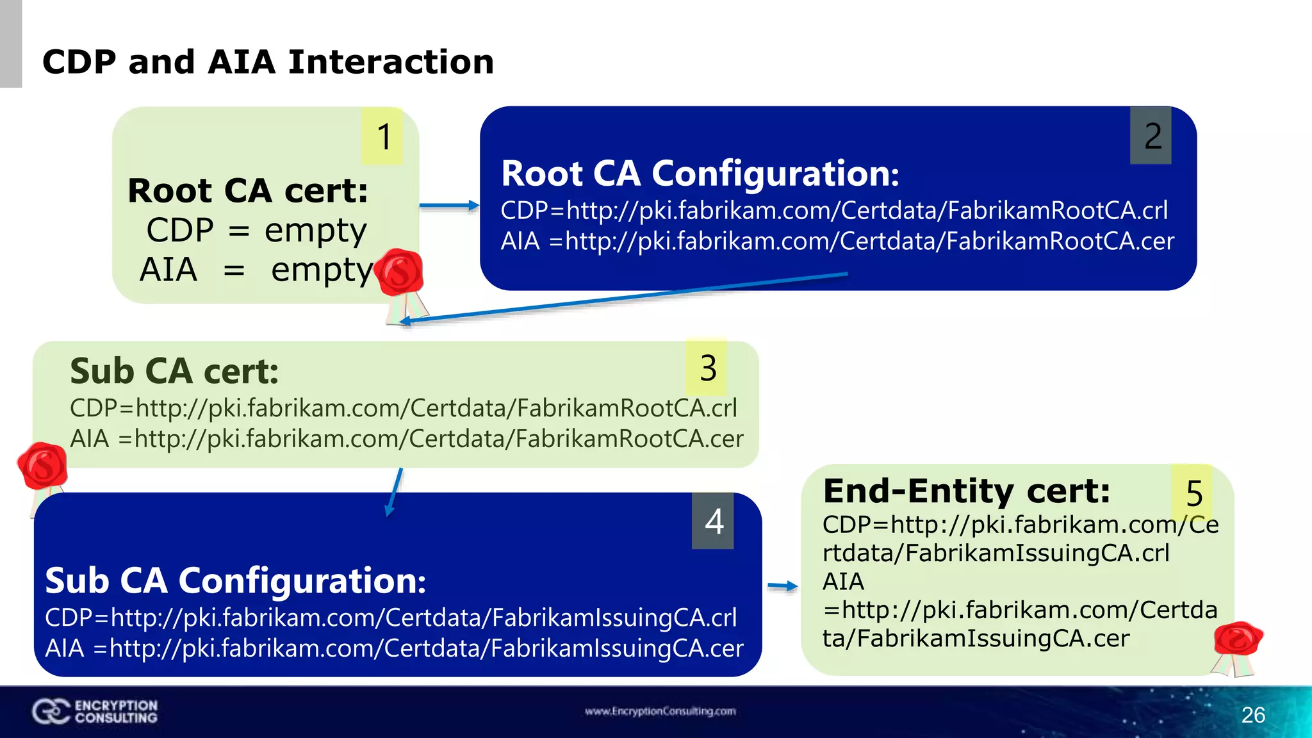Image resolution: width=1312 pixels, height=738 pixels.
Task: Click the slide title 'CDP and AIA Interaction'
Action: (x=268, y=62)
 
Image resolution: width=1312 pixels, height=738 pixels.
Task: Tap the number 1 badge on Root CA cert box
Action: (x=382, y=136)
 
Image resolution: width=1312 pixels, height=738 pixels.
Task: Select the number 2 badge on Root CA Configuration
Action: (x=1151, y=136)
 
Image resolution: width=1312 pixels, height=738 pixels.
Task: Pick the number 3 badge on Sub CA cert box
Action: (x=707, y=368)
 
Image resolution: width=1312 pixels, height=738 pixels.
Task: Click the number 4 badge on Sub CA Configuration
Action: (x=713, y=521)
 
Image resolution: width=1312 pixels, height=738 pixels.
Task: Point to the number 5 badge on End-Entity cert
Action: (x=1193, y=493)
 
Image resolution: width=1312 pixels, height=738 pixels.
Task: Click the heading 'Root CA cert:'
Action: (x=248, y=191)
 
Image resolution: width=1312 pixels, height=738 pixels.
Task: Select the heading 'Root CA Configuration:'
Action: (x=700, y=174)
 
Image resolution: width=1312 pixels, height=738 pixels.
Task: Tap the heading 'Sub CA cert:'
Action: (x=174, y=372)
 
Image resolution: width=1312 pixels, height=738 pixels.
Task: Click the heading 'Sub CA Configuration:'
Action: (x=235, y=580)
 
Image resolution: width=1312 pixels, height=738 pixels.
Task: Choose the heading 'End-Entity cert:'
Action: (x=967, y=491)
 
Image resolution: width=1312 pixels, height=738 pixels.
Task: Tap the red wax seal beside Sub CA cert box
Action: (x=43, y=466)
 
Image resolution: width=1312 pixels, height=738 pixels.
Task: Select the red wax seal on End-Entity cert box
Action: (x=1237, y=639)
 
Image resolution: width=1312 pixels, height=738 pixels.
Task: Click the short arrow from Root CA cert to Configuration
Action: (x=449, y=206)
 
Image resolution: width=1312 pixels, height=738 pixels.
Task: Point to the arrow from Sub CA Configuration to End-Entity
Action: (x=782, y=586)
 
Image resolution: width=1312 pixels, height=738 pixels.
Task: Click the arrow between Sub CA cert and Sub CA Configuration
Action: (x=395, y=492)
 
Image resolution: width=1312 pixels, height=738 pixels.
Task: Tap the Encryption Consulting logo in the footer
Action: (x=95, y=711)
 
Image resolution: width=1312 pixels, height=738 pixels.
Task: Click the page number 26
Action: (x=1252, y=715)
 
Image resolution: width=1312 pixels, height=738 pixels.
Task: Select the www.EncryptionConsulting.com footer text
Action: (x=660, y=711)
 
